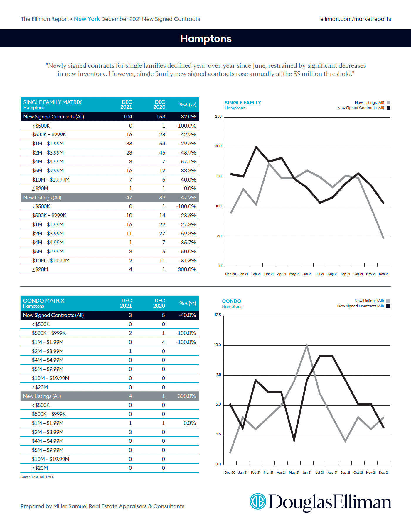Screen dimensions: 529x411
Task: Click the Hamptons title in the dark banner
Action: tap(206, 38)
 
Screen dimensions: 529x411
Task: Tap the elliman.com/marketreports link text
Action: tap(355, 19)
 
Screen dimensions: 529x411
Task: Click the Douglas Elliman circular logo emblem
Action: tap(258, 501)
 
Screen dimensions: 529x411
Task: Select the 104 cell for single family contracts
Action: tap(127, 117)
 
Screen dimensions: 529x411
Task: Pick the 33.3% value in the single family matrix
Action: tap(188, 171)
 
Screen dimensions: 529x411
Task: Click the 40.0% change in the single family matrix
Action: tap(188, 179)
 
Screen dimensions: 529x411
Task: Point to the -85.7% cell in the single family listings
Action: tap(188, 243)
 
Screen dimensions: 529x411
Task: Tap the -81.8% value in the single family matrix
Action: tap(188, 260)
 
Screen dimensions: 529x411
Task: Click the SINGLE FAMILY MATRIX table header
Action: tap(53, 102)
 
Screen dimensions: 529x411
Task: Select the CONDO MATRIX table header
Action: tap(44, 301)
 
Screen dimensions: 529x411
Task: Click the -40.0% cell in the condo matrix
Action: tap(187, 315)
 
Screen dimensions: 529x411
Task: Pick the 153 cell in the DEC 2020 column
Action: tap(161, 117)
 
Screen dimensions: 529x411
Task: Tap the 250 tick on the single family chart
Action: tap(218, 116)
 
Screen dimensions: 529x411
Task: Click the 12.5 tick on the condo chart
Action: tap(218, 315)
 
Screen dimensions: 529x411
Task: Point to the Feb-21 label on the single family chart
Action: tap(256, 274)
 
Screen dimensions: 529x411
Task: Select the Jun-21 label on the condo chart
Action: tap(307, 472)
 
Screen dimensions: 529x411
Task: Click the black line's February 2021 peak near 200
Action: tap(256, 147)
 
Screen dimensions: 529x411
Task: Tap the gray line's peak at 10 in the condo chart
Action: tap(307, 345)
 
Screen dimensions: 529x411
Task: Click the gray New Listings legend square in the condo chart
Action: tap(388, 301)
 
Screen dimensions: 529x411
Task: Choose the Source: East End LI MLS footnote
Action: tap(37, 477)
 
